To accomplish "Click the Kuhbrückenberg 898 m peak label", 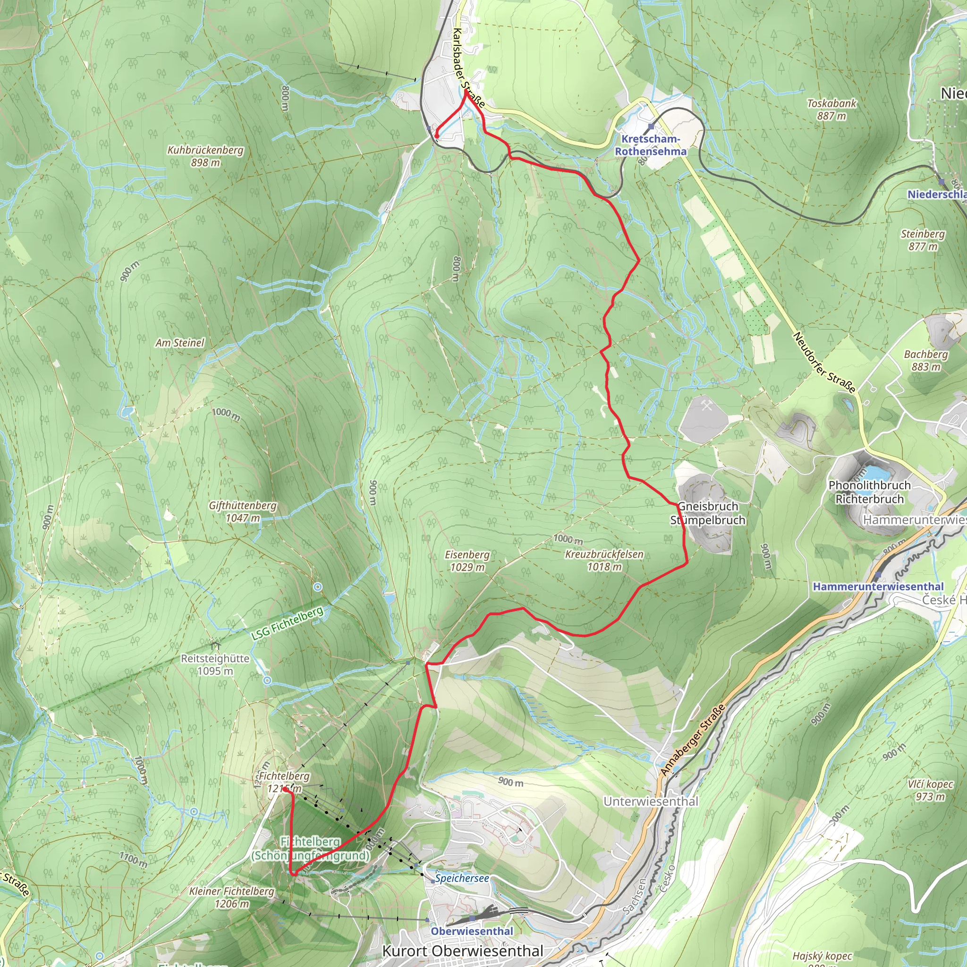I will (x=205, y=156).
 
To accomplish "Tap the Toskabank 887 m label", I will (x=831, y=110).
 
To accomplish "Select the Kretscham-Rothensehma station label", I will (x=650, y=145).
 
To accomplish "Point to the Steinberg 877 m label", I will (x=923, y=240).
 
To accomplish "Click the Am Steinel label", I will (x=180, y=343).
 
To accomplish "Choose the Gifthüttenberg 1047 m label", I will (x=243, y=511).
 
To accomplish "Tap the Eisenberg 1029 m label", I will (x=467, y=560).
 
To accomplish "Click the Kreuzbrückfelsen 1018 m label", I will (x=604, y=560).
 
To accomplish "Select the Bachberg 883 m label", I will (x=925, y=360).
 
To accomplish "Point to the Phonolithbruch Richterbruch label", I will (x=869, y=492).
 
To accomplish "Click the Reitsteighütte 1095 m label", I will (x=215, y=664).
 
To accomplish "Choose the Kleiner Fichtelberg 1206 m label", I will (x=232, y=897).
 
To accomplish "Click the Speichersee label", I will (x=461, y=878).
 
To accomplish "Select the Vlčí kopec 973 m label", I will (x=930, y=790).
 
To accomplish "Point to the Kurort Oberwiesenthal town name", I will (x=462, y=950).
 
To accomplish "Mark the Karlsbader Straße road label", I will (x=468, y=68).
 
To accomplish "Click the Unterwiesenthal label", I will (x=651, y=801).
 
